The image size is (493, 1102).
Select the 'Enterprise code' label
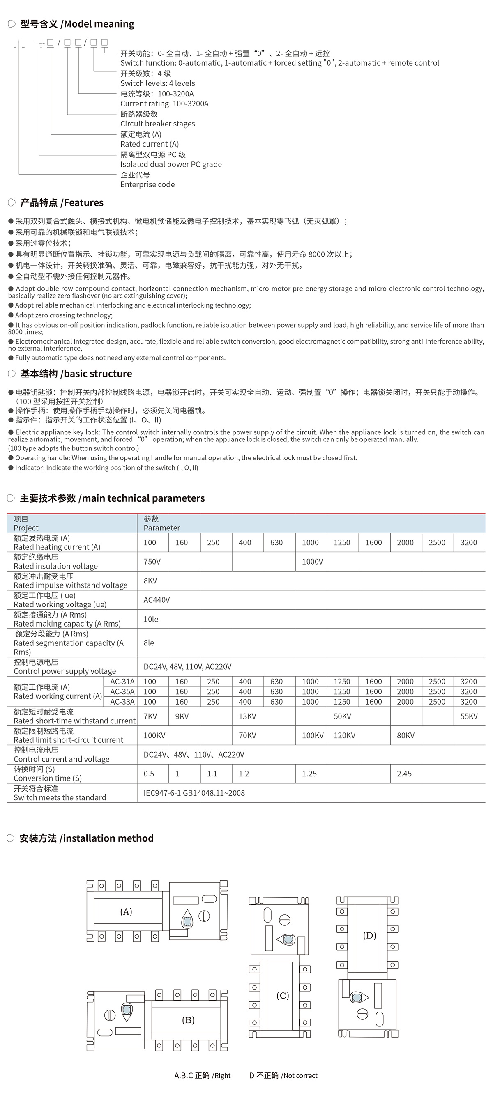pyautogui.click(x=147, y=184)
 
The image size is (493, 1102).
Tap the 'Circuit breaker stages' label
pyautogui.click(x=157, y=124)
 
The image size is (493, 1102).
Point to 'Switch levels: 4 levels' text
pyautogui.click(x=157, y=83)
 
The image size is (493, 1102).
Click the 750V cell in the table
pyautogui.click(x=152, y=561)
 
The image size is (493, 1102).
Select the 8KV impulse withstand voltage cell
pyautogui.click(x=150, y=581)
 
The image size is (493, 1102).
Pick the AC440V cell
pyautogui.click(x=157, y=600)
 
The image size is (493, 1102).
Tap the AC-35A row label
pyautogui.click(x=122, y=691)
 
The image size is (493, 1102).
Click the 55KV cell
pyautogui.click(x=469, y=716)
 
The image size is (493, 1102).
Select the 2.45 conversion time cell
pyautogui.click(x=404, y=774)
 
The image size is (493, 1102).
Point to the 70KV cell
pyautogui.click(x=247, y=735)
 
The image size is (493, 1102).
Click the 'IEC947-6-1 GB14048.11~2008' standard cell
pyautogui.click(x=194, y=793)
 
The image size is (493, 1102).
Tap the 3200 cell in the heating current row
pyautogui.click(x=469, y=542)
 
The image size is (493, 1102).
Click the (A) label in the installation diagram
pyautogui.click(x=126, y=911)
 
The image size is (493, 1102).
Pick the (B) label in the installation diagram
pyautogui.click(x=188, y=1020)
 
